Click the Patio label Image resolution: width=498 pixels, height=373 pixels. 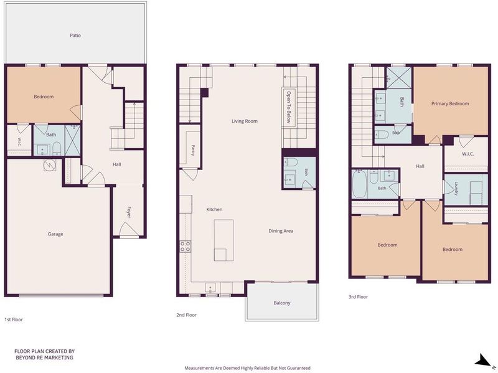point(75,35)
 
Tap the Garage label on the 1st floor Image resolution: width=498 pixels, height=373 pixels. point(55,234)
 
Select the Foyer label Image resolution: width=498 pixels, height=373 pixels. point(129,212)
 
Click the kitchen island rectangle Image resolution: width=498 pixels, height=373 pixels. point(223,240)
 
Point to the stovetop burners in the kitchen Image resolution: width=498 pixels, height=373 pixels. point(186,247)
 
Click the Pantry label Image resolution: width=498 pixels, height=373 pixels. point(193,150)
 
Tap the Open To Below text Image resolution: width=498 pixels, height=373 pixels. point(288,107)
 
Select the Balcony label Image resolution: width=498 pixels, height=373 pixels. point(282,303)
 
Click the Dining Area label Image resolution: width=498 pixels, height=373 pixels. point(281,231)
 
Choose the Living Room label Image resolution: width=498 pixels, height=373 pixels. point(245,121)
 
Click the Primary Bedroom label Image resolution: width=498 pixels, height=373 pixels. point(450,103)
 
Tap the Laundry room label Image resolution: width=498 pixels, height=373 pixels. point(456,189)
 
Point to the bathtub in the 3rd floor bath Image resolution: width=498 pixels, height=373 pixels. point(360,184)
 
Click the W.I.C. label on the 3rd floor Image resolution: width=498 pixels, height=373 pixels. point(468,154)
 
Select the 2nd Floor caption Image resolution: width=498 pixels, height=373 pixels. point(186,315)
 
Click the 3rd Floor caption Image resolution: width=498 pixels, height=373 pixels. point(359,297)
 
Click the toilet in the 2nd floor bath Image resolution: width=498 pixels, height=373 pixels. point(290,163)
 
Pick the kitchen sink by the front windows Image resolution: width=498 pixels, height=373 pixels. point(210,288)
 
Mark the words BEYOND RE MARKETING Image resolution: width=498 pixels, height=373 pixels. point(44,357)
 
